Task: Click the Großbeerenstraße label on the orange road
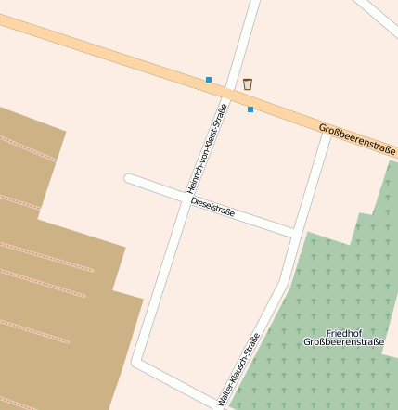(356, 139)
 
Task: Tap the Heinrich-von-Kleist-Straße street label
(207, 148)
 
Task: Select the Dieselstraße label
(212, 207)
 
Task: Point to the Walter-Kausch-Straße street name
(238, 370)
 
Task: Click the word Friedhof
(342, 332)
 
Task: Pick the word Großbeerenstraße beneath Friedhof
(342, 342)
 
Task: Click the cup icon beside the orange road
(248, 84)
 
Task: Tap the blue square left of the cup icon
(209, 80)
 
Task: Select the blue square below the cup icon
(250, 109)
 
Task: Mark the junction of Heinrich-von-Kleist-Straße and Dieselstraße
(184, 198)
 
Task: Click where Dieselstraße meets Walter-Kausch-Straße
(294, 232)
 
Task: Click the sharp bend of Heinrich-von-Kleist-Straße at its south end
(137, 360)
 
